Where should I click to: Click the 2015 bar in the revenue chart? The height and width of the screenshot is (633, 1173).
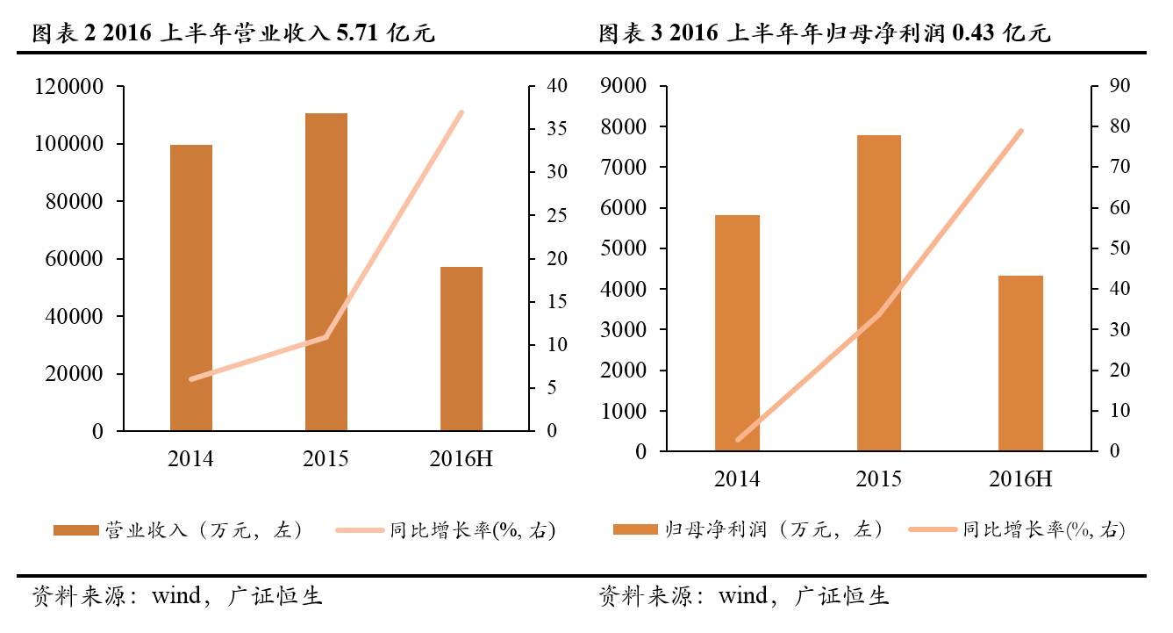click(x=326, y=272)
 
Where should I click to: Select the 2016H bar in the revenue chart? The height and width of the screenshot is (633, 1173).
click(x=461, y=349)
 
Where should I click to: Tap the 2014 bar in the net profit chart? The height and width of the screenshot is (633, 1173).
click(x=737, y=333)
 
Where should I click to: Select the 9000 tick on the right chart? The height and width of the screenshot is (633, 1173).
click(x=624, y=86)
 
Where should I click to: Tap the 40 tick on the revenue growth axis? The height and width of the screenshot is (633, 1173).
click(x=558, y=86)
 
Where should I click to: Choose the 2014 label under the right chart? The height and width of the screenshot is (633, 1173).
click(x=737, y=479)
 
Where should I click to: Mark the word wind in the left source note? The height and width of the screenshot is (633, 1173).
click(x=177, y=597)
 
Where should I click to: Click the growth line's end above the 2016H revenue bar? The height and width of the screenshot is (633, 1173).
click(x=461, y=112)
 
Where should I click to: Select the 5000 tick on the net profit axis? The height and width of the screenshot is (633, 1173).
click(x=624, y=248)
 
